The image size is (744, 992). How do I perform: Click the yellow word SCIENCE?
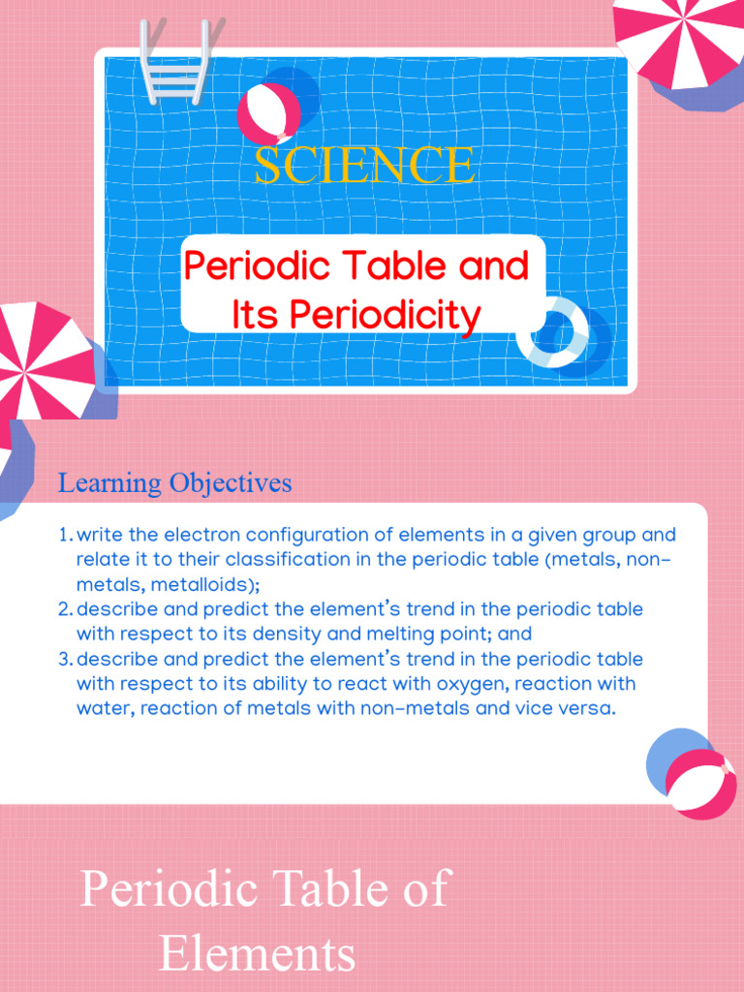pyautogui.click(x=364, y=165)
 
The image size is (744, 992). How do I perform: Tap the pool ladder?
pyautogui.click(x=173, y=60)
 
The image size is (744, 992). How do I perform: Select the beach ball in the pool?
pyautogui.click(x=268, y=111)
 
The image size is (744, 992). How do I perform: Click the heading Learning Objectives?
pyautogui.click(x=174, y=482)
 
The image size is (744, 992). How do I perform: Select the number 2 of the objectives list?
pyautogui.click(x=64, y=609)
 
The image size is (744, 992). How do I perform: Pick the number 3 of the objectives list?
pyautogui.click(x=64, y=660)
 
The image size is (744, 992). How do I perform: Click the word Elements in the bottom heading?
pyautogui.click(x=257, y=954)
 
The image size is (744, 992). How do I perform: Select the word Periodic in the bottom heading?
pyautogui.click(x=170, y=888)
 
